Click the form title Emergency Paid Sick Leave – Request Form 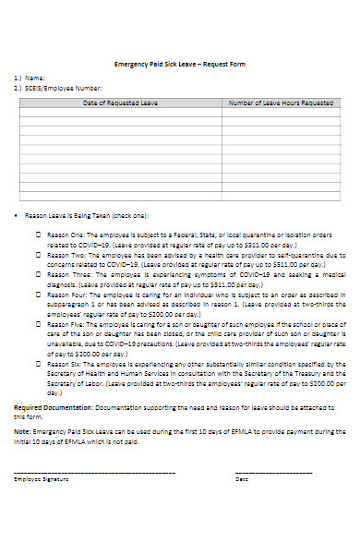pyautogui.click(x=180, y=64)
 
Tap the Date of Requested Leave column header pyautogui.click(x=120, y=103)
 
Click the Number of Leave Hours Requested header pyautogui.click(x=280, y=103)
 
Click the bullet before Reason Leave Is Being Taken pyautogui.click(x=18, y=215)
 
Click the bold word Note pyautogui.click(x=21, y=431)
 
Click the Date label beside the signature pyautogui.click(x=242, y=479)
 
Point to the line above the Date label pyautogui.click(x=274, y=473)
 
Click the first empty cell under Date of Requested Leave pyautogui.click(x=120, y=114)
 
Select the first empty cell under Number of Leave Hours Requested pyautogui.click(x=280, y=114)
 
